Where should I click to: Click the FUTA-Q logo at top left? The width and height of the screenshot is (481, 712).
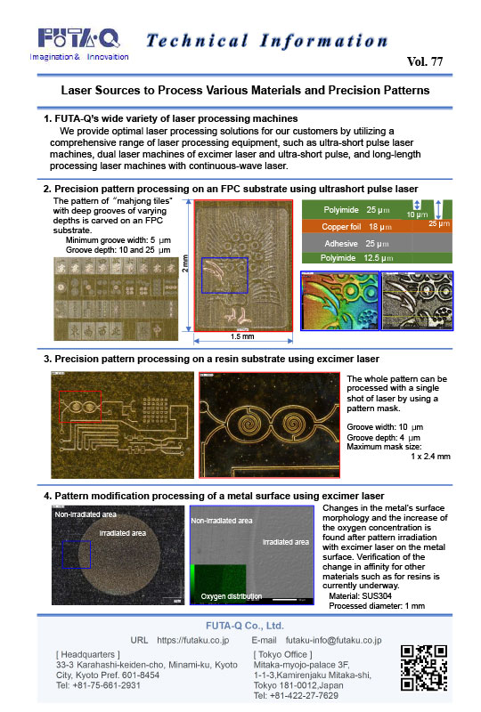(x=78, y=39)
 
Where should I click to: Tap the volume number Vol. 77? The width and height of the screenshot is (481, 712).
(x=429, y=61)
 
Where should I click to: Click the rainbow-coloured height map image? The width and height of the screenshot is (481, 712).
(x=338, y=302)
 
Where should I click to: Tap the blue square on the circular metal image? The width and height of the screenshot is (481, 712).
(x=77, y=555)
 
